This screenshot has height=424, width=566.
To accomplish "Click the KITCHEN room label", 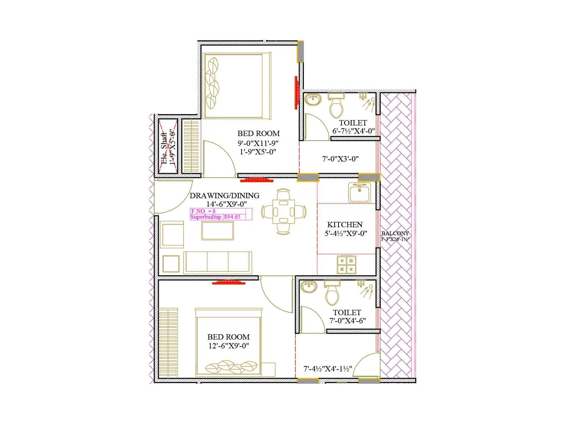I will [x=345, y=225].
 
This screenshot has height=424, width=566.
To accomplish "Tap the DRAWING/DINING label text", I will [x=224, y=195].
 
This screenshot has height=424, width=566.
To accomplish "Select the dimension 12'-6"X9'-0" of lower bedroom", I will [x=229, y=346].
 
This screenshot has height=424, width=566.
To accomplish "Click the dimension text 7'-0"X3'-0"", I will [x=340, y=159].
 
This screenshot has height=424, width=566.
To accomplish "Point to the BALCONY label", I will [x=395, y=234].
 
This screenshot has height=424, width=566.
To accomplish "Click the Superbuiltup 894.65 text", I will [x=215, y=217].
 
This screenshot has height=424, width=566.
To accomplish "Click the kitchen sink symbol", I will [x=359, y=193].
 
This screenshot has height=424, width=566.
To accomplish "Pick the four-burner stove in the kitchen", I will [x=347, y=265].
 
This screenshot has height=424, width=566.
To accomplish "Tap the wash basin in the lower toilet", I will [x=309, y=287].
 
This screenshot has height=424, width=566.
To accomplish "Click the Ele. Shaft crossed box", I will [x=168, y=146].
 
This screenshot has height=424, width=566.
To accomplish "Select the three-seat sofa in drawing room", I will [x=218, y=262].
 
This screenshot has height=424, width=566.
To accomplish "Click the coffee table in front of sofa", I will [x=217, y=231].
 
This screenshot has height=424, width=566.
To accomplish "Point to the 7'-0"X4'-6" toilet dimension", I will [x=347, y=321].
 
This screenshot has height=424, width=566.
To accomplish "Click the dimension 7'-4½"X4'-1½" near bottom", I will [x=328, y=369].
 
